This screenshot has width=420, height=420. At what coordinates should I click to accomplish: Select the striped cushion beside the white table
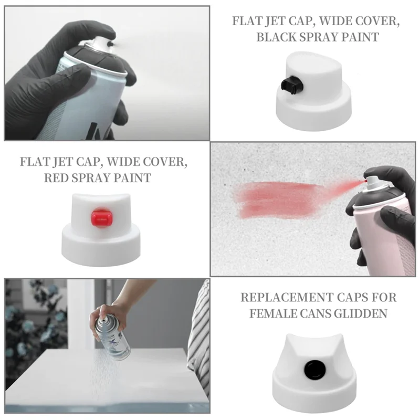pos(199,336)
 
